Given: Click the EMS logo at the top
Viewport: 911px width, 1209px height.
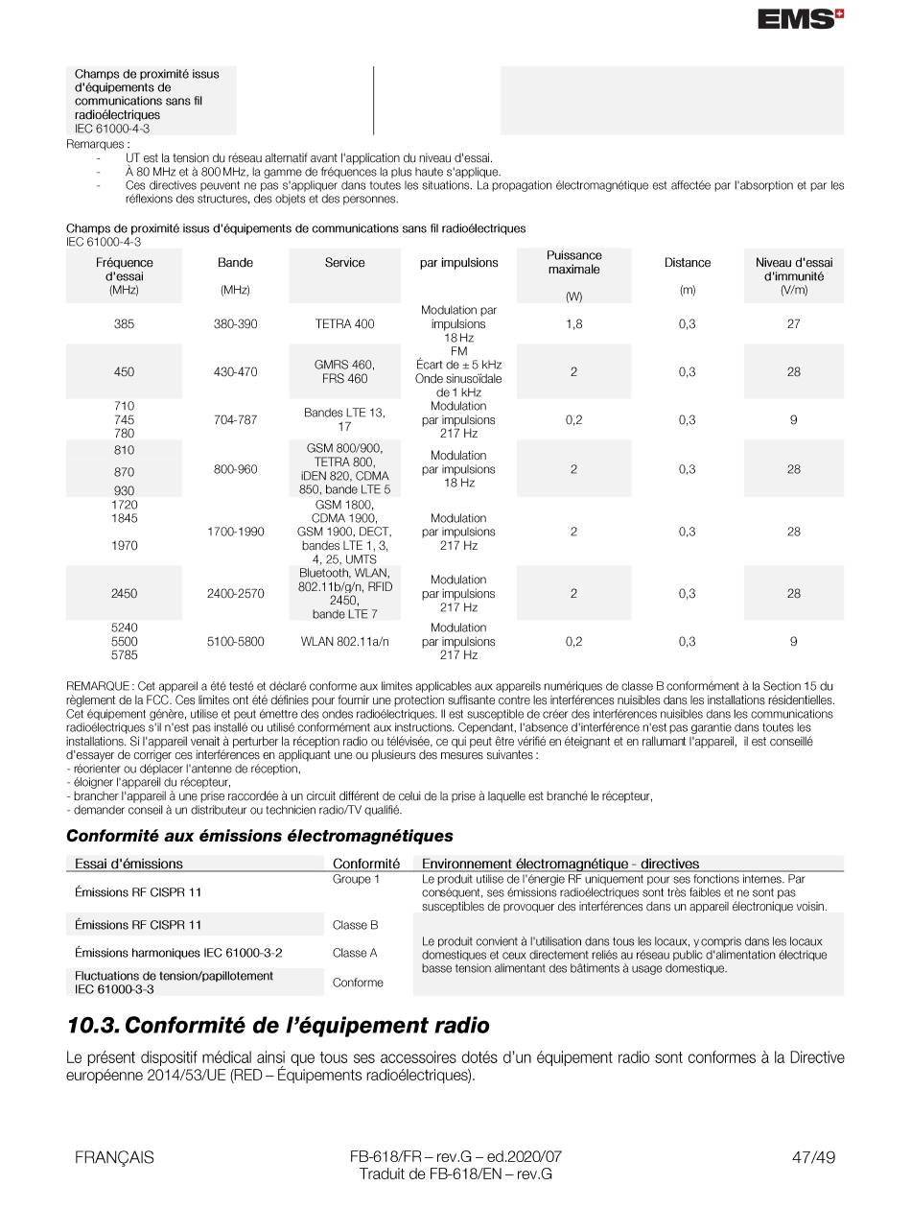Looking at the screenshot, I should point(800,19).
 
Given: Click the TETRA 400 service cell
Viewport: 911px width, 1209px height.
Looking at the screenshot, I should point(344,324).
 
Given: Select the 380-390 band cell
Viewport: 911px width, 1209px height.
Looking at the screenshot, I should point(235,324).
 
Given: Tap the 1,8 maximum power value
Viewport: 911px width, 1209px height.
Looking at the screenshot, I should point(573,324).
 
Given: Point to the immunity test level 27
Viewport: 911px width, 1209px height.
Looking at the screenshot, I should point(793,324).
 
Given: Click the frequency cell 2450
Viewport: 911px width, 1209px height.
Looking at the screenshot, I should point(124,594).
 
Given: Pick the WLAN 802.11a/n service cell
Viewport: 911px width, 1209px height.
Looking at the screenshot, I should point(344,642).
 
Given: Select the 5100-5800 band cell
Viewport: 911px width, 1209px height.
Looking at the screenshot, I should point(235,642).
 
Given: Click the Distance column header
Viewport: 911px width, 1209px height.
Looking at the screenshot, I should point(687,263).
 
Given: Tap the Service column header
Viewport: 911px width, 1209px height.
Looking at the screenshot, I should point(344,263).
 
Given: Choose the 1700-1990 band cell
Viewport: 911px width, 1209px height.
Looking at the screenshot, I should point(235,532).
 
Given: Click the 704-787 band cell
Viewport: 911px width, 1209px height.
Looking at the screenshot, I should point(235,420).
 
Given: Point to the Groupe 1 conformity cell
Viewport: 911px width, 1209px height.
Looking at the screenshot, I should point(356,879).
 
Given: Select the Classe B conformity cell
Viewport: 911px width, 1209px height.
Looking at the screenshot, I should point(355,925).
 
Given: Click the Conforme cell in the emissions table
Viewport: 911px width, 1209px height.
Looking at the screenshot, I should point(358,983).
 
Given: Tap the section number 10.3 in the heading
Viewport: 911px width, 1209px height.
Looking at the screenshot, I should point(93,1026).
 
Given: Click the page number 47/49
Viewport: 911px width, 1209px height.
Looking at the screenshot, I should point(813,1157).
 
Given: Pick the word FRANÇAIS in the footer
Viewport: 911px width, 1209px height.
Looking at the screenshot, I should point(114,1157).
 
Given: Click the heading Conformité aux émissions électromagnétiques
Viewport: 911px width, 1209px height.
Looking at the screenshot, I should point(259,836).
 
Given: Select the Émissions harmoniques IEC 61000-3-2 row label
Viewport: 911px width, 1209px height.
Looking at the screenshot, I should point(178,953).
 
